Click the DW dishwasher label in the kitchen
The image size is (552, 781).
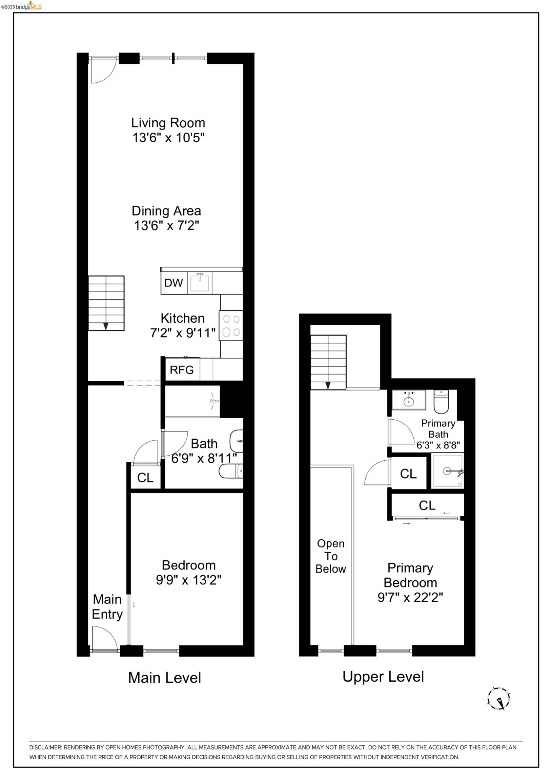[173, 283]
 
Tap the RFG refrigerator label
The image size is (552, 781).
[182, 370]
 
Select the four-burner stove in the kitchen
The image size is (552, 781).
[231, 325]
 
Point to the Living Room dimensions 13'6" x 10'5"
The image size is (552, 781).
[168, 138]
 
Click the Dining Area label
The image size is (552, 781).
[166, 211]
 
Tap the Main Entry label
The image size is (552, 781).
[107, 607]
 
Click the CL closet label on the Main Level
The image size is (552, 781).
[145, 478]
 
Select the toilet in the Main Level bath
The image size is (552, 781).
[231, 471]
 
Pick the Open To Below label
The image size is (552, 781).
[331, 556]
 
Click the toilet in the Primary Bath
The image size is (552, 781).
[441, 401]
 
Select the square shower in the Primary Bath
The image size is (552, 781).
[447, 471]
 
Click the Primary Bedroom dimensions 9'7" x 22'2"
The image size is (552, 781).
[410, 598]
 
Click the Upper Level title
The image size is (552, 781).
[383, 677]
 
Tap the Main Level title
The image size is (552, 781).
[165, 678]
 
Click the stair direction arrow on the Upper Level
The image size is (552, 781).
[328, 385]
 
